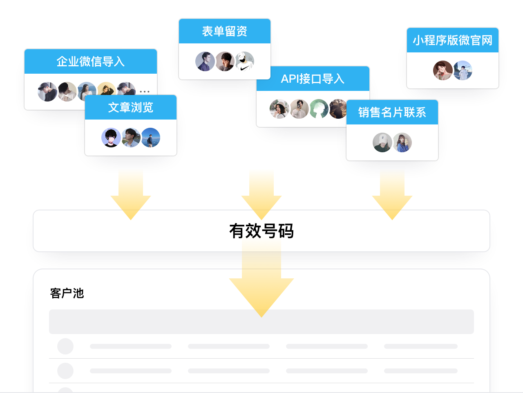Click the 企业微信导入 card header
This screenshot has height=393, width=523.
pos(90,61)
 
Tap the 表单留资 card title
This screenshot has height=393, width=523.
pos(224,31)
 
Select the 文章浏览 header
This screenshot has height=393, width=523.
pos(130,107)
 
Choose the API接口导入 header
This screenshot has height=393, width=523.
pos(313,79)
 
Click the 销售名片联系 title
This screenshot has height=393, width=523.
pos(392,112)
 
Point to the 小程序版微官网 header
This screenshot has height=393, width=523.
pos(452,40)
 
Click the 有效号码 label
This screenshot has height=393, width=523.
pos(261,231)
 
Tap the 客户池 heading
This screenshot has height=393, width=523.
pos(67,293)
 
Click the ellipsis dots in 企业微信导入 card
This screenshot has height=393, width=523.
pos(145,91)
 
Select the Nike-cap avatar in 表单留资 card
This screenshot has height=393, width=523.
pos(245,61)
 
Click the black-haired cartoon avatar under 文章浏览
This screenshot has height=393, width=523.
pos(111,138)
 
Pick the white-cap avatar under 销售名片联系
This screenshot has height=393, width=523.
pos(382,142)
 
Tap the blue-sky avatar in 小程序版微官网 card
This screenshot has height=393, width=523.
pos(463,70)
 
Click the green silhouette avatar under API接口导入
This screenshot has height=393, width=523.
pos(319,109)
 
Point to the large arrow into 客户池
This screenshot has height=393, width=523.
pos(261,287)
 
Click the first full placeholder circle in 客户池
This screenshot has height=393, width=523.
pos(65,346)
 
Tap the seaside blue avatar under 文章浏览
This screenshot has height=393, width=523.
pos(151,138)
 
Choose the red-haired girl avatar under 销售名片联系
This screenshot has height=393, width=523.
pos(402,142)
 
